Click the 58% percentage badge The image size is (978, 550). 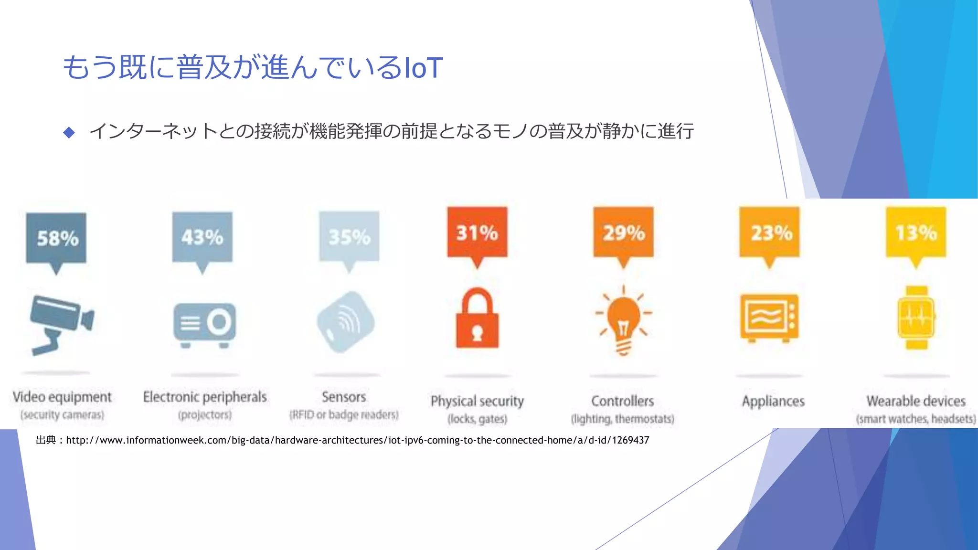click(x=56, y=238)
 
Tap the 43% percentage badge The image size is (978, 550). click(x=202, y=237)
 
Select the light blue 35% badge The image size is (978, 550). click(x=349, y=237)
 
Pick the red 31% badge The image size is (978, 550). click(x=477, y=233)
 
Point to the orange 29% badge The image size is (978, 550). click(x=623, y=233)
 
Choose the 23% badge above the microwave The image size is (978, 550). click(x=769, y=233)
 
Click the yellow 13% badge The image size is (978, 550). click(x=916, y=233)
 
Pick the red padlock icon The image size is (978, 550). click(x=477, y=319)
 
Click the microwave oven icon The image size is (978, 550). click(x=769, y=318)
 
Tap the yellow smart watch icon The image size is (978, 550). click(x=916, y=318)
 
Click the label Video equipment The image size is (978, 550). click(x=62, y=397)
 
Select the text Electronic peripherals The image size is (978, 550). click(x=205, y=397)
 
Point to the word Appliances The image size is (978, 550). click(x=773, y=401)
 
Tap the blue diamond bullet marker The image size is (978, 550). click(x=69, y=132)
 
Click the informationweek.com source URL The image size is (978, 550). click(x=357, y=440)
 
